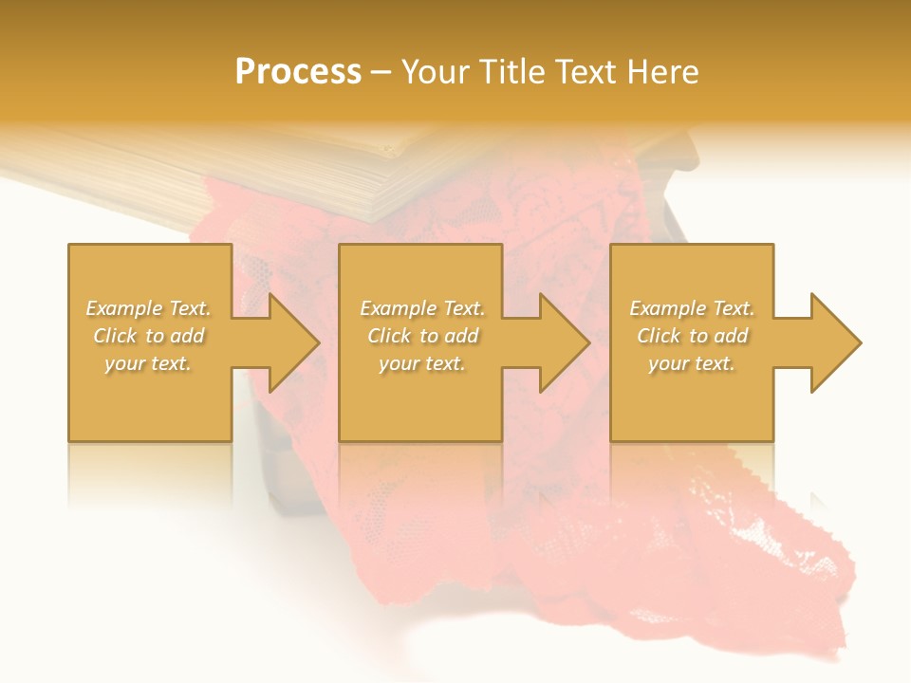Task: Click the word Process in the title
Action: point(298,72)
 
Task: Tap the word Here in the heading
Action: point(661,72)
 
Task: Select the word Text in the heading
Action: point(586,72)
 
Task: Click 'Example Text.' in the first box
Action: point(149,308)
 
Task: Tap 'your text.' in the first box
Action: point(149,363)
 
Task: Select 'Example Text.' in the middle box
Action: point(422,308)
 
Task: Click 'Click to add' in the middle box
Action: point(422,336)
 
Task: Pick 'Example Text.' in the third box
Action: point(692,308)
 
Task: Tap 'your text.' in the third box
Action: point(692,363)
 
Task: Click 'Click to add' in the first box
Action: point(149,336)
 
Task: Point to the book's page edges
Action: point(285,190)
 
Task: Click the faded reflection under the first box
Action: point(149,474)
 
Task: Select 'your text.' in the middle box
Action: point(422,363)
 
